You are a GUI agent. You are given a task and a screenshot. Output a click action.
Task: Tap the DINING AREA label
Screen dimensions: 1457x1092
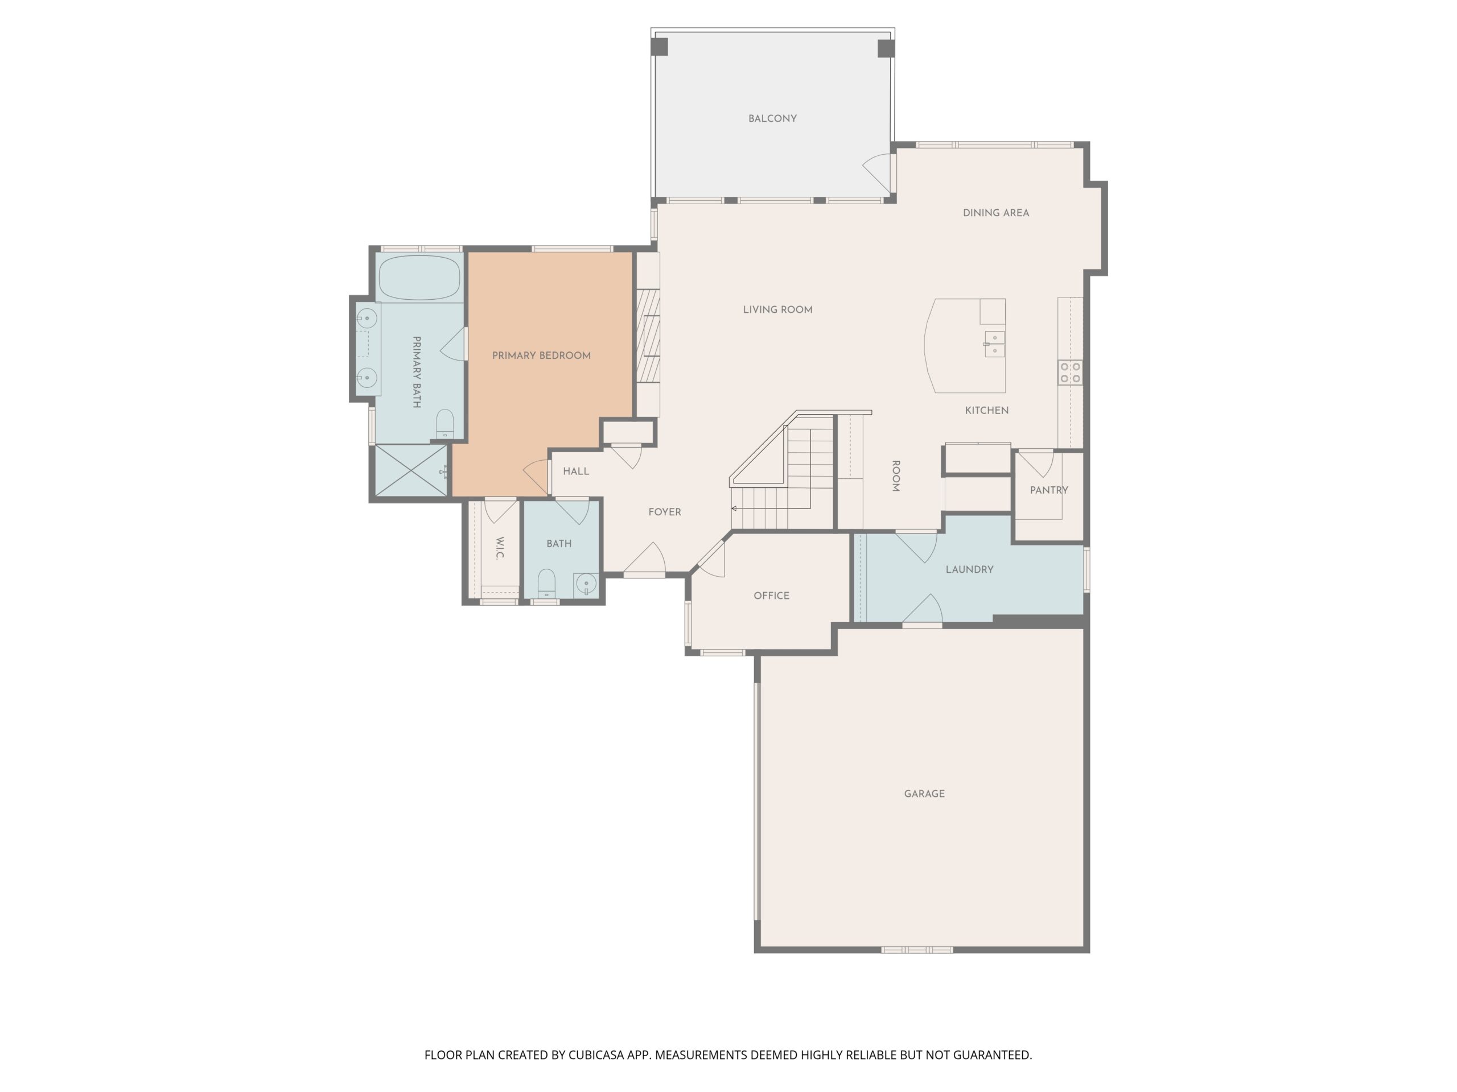coord(995,213)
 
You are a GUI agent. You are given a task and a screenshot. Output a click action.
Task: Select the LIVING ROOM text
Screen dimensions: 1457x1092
coord(777,309)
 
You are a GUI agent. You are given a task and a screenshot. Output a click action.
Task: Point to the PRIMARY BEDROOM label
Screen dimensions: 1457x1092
coord(541,355)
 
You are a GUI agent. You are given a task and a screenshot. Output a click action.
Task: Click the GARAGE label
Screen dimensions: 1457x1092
coord(924,794)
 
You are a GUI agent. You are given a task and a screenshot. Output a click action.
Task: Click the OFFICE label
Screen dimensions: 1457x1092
coord(771,595)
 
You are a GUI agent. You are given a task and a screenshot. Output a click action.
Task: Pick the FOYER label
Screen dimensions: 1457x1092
coord(665,512)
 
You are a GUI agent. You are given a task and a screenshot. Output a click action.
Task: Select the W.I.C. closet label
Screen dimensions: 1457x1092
coord(499,548)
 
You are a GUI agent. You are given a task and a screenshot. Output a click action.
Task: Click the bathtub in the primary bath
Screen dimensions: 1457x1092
coord(419,277)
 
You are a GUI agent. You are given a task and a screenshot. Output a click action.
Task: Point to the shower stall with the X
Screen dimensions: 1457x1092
coord(411,470)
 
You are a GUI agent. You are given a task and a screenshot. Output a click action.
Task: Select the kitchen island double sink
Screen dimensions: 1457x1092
coord(995,344)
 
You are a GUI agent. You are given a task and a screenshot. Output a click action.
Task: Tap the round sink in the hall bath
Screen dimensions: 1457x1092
coord(586,584)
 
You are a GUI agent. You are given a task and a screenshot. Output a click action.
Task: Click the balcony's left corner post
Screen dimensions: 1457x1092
coord(659,47)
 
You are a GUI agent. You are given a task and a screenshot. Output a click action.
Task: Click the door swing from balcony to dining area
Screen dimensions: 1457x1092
coord(878,172)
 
